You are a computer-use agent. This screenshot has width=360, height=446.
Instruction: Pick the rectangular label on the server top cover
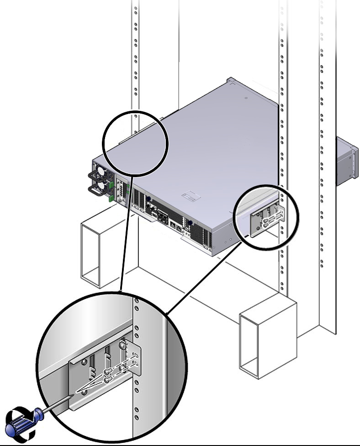[x=191, y=196]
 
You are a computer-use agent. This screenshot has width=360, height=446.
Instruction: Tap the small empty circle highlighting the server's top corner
[x=135, y=143]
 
